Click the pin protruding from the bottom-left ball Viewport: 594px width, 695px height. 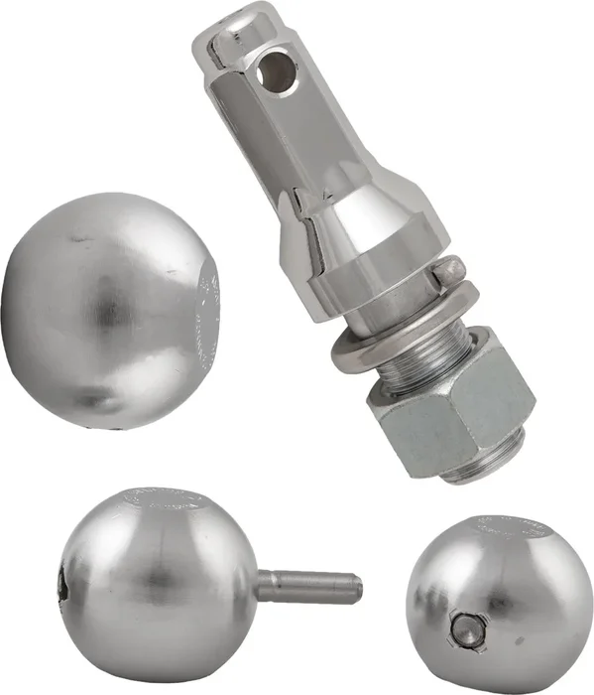[307, 584]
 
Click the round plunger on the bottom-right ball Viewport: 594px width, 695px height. [466, 627]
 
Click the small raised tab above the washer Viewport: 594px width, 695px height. [451, 269]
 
